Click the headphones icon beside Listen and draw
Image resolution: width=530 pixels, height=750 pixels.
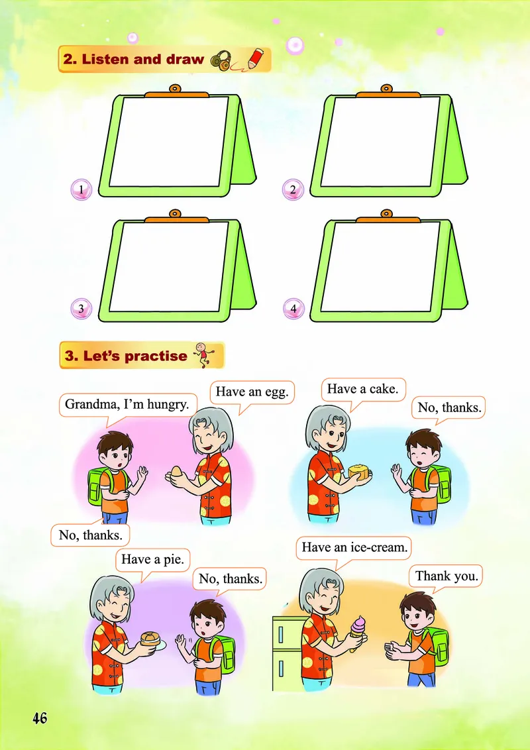tap(221, 61)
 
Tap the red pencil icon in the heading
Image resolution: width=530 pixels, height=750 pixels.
tap(256, 59)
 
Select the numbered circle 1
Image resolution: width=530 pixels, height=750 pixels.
tap(81, 190)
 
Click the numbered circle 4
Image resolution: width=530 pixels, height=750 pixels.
tap(293, 309)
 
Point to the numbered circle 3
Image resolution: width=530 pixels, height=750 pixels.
tap(81, 309)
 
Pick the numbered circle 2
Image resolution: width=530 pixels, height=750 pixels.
tap(293, 190)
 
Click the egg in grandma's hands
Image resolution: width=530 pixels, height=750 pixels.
tap(176, 472)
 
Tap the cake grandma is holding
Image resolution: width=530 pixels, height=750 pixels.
tap(360, 472)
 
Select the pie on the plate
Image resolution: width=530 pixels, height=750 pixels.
tap(151, 639)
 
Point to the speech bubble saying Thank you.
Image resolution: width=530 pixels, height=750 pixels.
tap(446, 578)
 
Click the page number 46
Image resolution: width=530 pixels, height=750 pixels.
tap(40, 718)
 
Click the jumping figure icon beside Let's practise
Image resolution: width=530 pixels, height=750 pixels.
tap(205, 354)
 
